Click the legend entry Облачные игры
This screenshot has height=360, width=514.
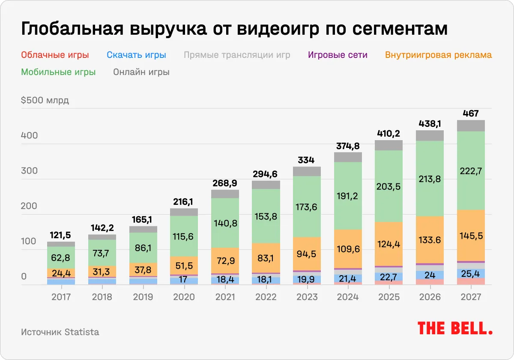55,55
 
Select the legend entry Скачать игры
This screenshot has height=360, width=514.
136,55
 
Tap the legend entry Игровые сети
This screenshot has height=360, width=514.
338,55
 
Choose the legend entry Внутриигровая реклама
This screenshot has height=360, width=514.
438,55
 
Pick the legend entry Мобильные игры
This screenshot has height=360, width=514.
58,72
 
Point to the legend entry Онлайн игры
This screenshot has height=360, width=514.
141,72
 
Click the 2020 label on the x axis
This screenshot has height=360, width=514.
184,297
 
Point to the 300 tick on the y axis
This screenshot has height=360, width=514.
30,171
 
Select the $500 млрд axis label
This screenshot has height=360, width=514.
45,101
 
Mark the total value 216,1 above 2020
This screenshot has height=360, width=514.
184,202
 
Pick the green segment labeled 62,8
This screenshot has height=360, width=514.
61,257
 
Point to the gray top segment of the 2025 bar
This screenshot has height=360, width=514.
388,145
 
